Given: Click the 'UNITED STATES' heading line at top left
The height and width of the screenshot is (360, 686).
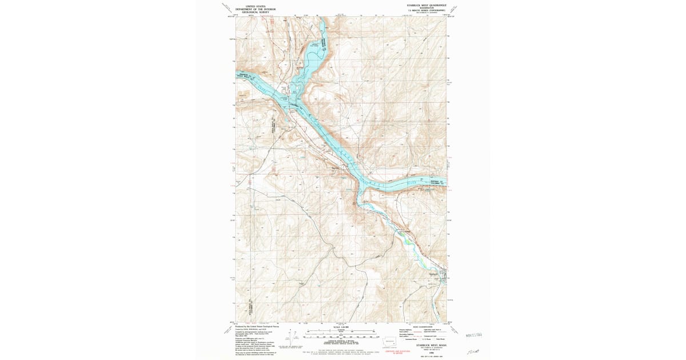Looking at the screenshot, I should pyautogui.click(x=256, y=6).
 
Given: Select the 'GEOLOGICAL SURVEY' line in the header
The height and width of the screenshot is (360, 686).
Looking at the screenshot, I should pyautogui.click(x=256, y=12).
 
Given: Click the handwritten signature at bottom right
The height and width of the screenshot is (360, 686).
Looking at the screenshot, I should pyautogui.click(x=474, y=350).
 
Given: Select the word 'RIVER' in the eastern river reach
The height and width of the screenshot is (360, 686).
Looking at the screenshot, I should pyautogui.click(x=412, y=182).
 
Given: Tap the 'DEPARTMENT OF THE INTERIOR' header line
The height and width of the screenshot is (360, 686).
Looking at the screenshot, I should pyautogui.click(x=256, y=9).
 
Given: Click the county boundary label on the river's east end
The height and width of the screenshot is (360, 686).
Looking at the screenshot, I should pyautogui.click(x=437, y=183).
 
